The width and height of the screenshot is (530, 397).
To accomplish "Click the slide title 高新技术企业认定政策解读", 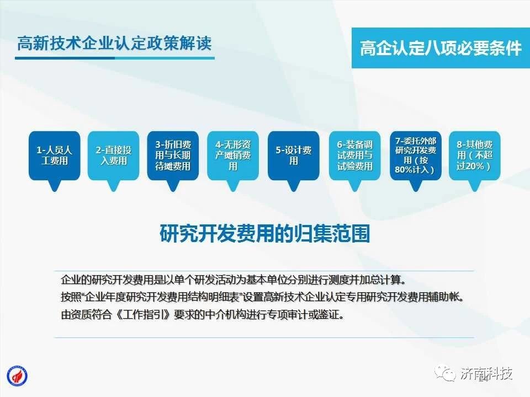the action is coord(114,44).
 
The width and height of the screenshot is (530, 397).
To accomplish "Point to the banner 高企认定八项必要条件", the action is coord(441,48).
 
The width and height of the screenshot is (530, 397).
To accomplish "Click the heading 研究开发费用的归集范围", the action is coord(264,233).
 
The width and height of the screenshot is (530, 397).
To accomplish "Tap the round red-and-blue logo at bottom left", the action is coord(17,376).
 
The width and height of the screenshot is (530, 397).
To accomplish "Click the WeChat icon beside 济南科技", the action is coord(445,374).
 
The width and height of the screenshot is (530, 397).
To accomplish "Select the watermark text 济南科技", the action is coord(486,373).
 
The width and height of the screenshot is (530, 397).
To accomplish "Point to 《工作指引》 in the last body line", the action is coord(144,315).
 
